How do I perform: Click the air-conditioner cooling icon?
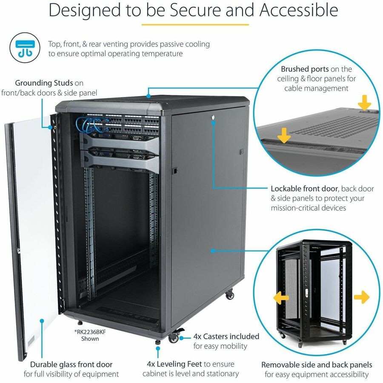pyautogui.click(x=25, y=48)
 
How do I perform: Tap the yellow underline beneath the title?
pyautogui.click(x=195, y=25)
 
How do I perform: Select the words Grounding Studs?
pyautogui.click(x=44, y=83)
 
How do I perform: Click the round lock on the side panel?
pyautogui.click(x=213, y=117)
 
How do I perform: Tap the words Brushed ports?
pyautogui.click(x=305, y=69)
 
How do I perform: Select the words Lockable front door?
pyautogui.click(x=304, y=189)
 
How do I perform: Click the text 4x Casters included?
pyautogui.click(x=226, y=336)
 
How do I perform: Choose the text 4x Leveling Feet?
pyautogui.click(x=174, y=364)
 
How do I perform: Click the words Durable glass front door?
pyautogui.click(x=71, y=364)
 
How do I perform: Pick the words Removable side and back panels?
pyautogui.click(x=317, y=365)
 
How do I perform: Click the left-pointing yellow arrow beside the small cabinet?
pyautogui.click(x=281, y=298)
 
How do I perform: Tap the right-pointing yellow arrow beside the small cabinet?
pyautogui.click(x=362, y=297)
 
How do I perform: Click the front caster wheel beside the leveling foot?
pyautogui.click(x=174, y=338)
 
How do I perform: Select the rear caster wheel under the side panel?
pyautogui.click(x=230, y=294)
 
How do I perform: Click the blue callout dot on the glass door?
pyautogui.click(x=42, y=321)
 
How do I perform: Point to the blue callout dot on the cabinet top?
pyautogui.click(x=148, y=96)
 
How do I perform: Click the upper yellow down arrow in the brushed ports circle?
pyautogui.click(x=364, y=102)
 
